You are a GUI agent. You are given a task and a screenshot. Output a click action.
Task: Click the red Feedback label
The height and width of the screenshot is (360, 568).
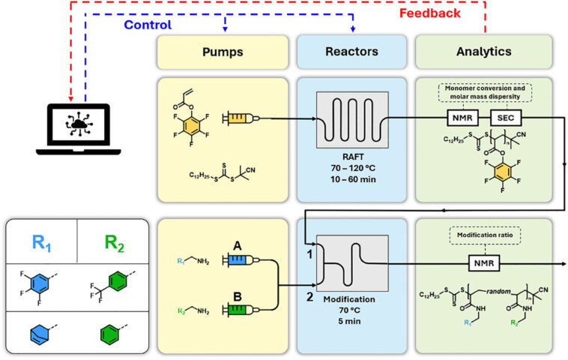(450, 13)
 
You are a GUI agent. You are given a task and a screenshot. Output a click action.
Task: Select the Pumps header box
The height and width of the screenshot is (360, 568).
(222, 52)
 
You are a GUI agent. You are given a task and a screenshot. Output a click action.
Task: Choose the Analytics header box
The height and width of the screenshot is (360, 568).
(483, 52)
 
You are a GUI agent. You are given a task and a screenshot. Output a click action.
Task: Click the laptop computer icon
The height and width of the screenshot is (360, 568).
(78, 128)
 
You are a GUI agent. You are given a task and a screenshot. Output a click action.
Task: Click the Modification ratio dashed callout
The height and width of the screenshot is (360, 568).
(483, 235)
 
